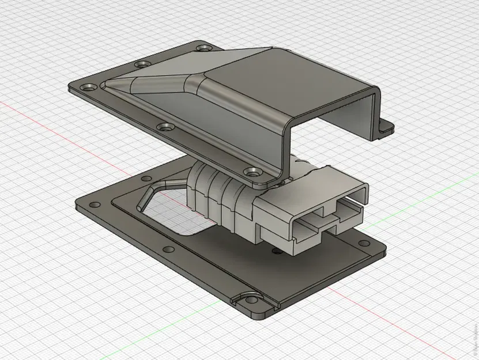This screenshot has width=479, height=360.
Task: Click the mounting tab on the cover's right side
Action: pos(385,128)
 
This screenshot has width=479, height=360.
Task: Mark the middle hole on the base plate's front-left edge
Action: pos(168,249)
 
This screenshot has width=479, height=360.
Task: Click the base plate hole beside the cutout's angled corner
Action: pos(138,179)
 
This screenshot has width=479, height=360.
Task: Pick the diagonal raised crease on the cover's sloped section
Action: pos(156,81)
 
